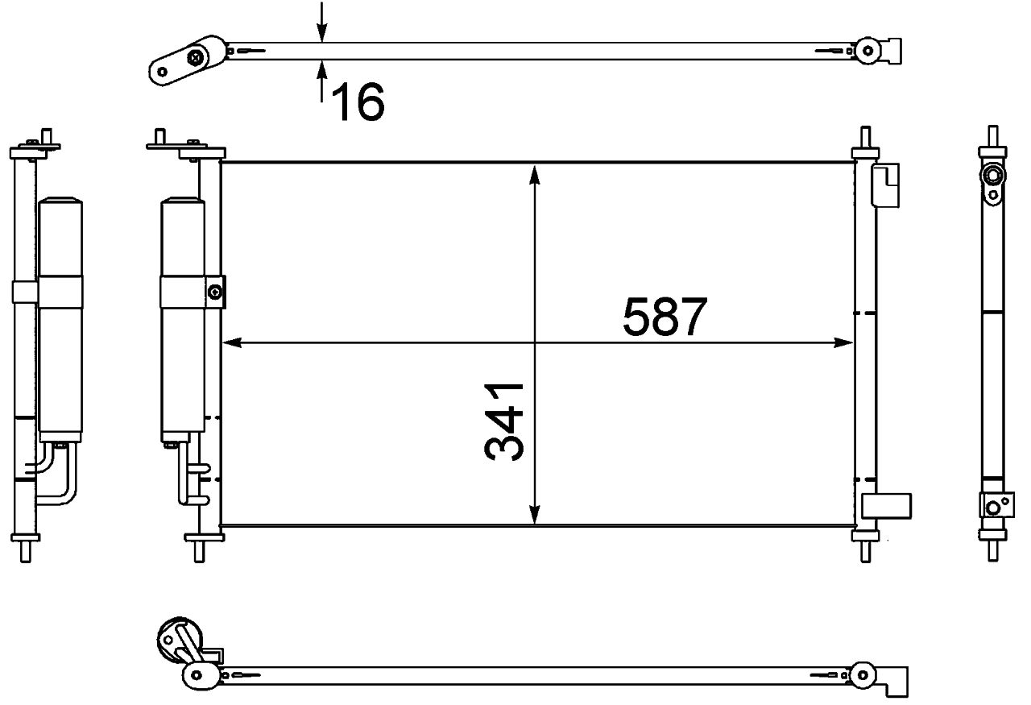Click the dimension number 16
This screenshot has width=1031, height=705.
(x=357, y=102)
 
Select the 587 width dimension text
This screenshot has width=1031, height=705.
(x=665, y=317)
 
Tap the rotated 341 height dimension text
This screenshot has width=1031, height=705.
(x=506, y=421)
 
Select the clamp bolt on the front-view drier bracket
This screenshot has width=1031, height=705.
(x=215, y=292)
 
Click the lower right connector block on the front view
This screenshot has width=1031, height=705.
(x=887, y=505)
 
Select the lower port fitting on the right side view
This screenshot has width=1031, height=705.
(x=993, y=506)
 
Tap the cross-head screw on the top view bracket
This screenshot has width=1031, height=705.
(x=197, y=56)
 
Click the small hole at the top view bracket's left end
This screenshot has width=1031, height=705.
(x=163, y=71)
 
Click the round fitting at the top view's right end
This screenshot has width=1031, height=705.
(x=867, y=49)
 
